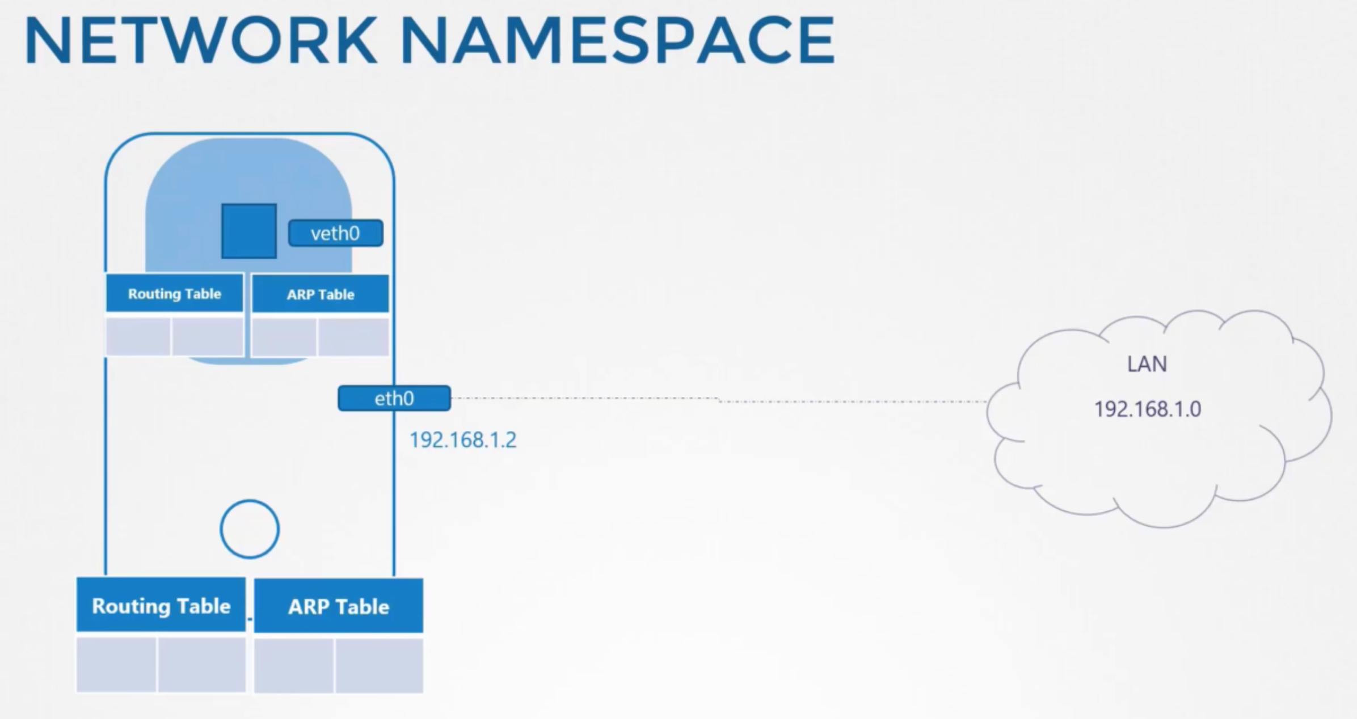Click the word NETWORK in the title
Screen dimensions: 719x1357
pyautogui.click(x=201, y=41)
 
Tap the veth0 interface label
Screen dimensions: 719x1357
pyautogui.click(x=335, y=233)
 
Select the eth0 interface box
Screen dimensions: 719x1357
pyautogui.click(x=394, y=399)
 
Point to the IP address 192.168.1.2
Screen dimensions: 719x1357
pyautogui.click(x=463, y=440)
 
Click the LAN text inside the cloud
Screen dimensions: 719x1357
pyautogui.click(x=1147, y=364)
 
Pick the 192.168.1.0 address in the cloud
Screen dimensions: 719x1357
pyautogui.click(x=1147, y=409)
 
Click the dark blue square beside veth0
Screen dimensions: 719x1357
pyautogui.click(x=249, y=231)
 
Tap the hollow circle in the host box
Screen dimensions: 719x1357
pyautogui.click(x=250, y=529)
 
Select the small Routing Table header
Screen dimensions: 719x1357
pyautogui.click(x=174, y=294)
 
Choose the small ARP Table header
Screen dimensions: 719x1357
pyautogui.click(x=321, y=294)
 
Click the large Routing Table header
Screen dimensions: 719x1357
pyautogui.click(x=161, y=606)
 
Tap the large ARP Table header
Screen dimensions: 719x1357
pyautogui.click(x=339, y=607)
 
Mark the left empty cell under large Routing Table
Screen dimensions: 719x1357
pyautogui.click(x=116, y=665)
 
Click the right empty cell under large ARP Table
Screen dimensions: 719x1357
pyautogui.click(x=380, y=666)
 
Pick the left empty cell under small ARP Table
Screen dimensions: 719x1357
pyautogui.click(x=284, y=337)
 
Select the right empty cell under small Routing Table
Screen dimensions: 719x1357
pyautogui.click(x=208, y=336)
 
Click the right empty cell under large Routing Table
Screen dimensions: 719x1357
pyautogui.click(x=201, y=665)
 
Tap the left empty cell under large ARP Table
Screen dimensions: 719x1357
pyautogui.click(x=294, y=666)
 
